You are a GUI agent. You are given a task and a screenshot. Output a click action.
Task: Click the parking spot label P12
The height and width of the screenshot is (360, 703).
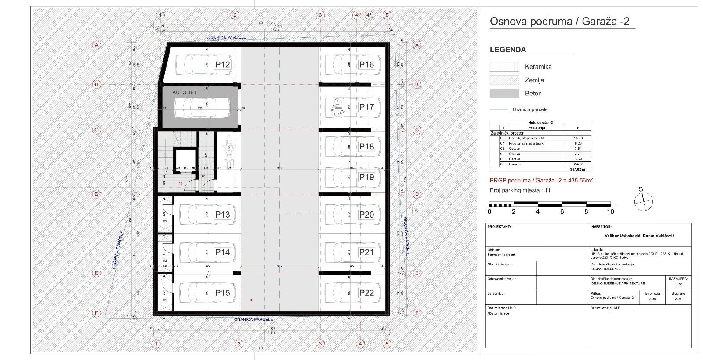click(x=222, y=65)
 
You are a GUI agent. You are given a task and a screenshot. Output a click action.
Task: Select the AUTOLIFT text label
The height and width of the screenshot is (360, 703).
click(x=184, y=92)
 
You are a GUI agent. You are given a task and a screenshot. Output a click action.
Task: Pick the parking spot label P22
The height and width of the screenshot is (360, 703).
click(x=366, y=293)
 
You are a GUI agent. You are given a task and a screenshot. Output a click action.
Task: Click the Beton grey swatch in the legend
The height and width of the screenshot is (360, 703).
click(x=504, y=93)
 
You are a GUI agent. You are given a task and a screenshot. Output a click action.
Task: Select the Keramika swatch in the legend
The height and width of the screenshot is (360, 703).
click(x=504, y=67)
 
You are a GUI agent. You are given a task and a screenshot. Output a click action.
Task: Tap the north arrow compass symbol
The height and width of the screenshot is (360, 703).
click(x=643, y=201)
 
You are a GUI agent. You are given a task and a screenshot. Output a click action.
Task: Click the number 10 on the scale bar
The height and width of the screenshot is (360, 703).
click(x=610, y=211)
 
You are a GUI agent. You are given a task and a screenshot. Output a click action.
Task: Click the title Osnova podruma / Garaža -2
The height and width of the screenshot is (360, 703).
click(x=562, y=22)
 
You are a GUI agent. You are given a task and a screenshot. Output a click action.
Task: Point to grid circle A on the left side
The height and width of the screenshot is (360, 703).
click(x=97, y=45)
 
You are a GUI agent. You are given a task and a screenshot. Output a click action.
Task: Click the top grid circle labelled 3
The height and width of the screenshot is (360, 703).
click(x=320, y=15)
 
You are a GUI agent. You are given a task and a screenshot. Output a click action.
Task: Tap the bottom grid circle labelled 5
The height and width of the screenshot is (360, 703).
click(x=387, y=344)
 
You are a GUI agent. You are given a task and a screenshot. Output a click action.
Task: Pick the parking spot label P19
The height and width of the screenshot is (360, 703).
click(x=366, y=177)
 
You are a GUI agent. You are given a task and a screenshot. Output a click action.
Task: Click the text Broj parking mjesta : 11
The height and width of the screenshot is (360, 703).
click(x=520, y=190)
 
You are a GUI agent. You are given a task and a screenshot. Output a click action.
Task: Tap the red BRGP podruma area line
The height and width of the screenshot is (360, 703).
click(x=541, y=180)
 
